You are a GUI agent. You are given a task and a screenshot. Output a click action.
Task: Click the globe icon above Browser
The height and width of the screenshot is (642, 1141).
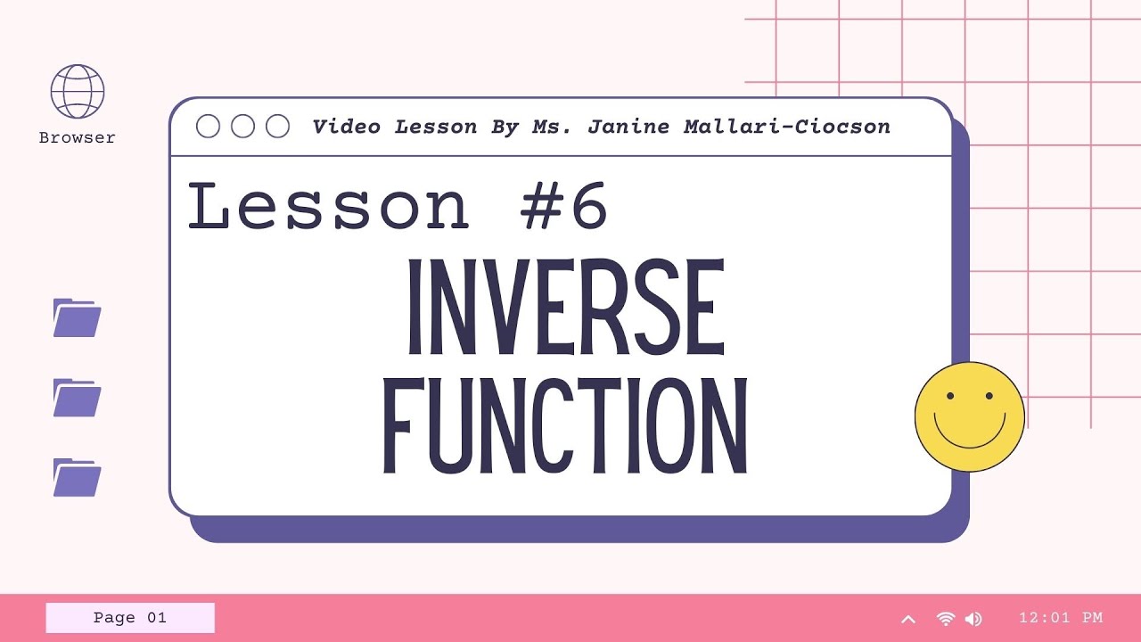coord(78,91)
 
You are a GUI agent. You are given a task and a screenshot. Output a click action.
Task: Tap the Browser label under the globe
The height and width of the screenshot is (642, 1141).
coord(78,138)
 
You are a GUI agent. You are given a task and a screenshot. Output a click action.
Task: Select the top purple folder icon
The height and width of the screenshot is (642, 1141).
coord(77,318)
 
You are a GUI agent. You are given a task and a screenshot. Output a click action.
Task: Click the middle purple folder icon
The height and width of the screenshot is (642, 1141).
coord(77,398)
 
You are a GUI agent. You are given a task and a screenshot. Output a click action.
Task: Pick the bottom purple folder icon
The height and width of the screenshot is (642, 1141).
coord(77,478)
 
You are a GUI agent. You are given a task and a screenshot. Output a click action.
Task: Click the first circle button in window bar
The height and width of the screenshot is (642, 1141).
coord(208,127)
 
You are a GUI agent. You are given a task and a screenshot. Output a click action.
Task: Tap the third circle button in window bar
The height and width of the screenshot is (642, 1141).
coord(278,127)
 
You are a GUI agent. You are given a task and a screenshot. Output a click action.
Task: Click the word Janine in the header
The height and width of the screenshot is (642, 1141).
coord(628,127)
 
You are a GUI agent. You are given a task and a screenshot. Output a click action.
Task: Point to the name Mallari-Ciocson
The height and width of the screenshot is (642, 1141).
coord(787,127)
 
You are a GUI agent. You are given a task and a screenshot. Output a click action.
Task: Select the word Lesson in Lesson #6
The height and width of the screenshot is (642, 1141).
coord(328,207)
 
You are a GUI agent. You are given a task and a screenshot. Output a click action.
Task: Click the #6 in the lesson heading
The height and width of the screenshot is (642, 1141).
coord(564,207)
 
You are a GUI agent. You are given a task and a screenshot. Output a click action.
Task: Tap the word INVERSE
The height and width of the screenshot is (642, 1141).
coord(565,307)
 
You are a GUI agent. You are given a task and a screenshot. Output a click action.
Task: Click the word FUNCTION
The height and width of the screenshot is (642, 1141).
coord(565,427)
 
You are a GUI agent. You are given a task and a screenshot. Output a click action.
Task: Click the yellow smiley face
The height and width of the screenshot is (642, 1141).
coord(970,416)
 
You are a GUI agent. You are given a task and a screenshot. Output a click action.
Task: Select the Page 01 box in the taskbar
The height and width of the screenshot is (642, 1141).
coord(130,618)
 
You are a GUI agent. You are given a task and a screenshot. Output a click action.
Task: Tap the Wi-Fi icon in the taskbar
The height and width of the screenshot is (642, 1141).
coord(946,619)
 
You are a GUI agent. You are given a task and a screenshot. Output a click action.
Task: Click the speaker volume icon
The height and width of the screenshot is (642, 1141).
coord(973,619)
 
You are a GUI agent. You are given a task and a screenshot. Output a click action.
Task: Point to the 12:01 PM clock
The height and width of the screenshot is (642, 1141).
coord(1061,618)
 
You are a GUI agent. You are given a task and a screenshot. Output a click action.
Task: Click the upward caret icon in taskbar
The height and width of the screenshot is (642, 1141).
coord(908,619)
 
